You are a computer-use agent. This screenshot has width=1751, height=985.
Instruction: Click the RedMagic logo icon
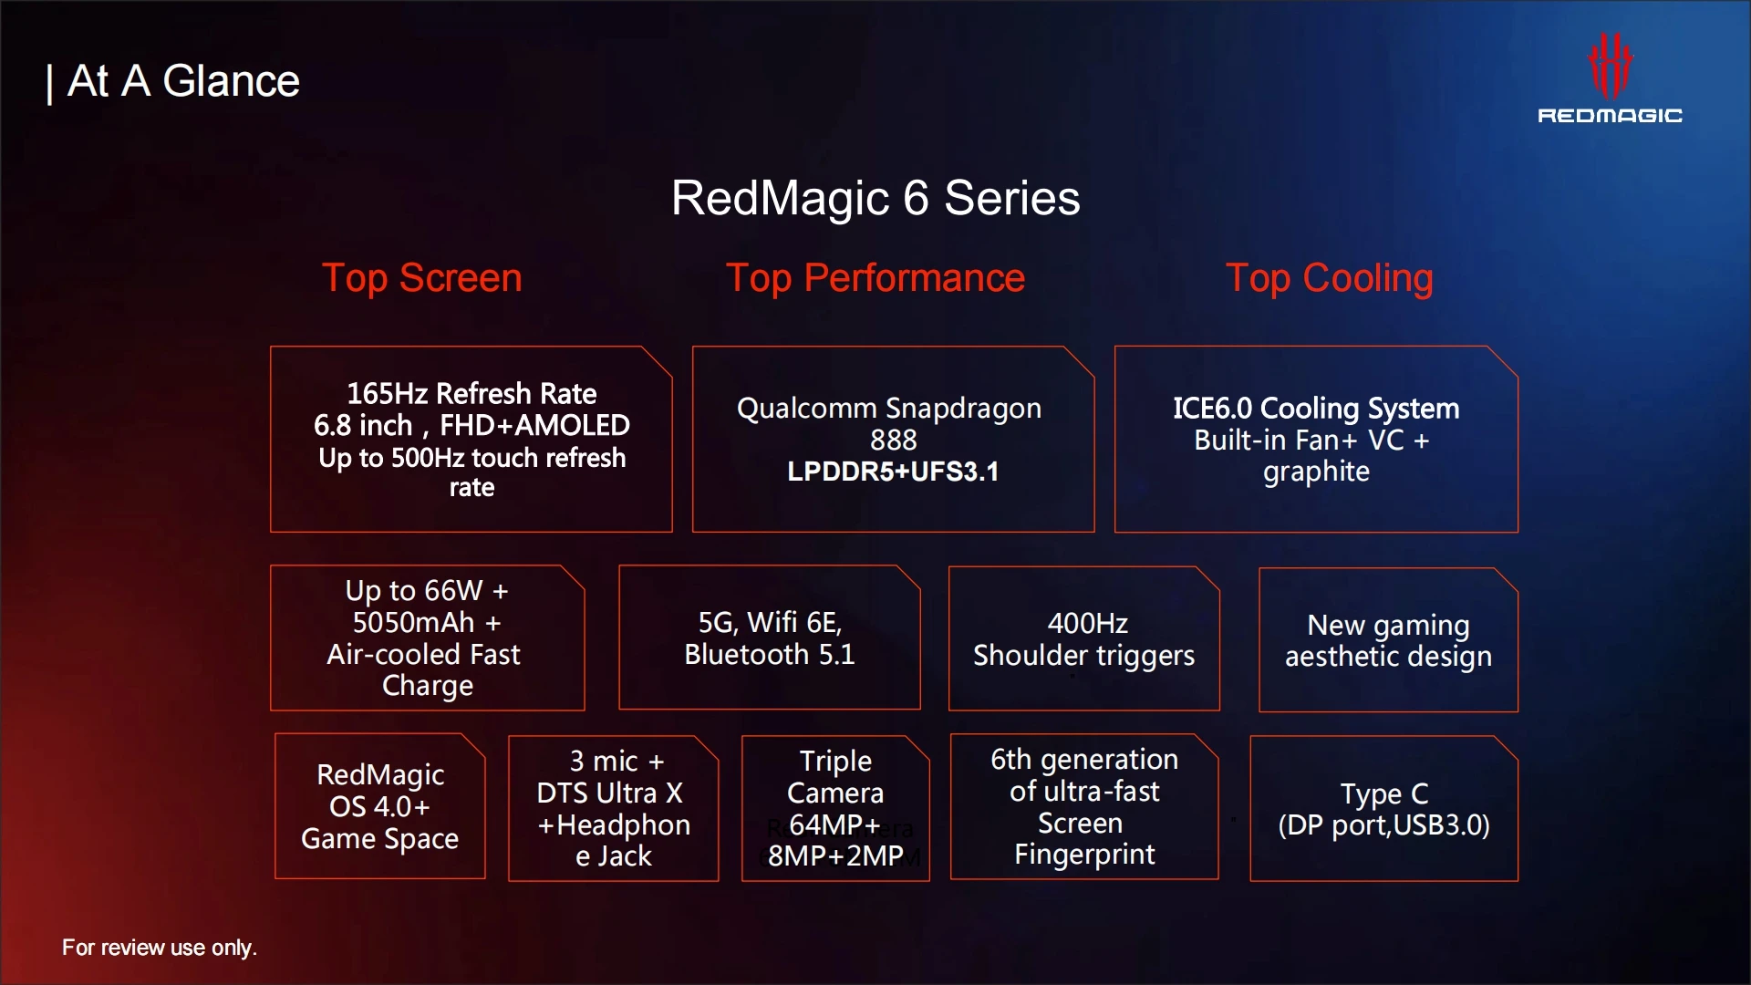pyautogui.click(x=1610, y=65)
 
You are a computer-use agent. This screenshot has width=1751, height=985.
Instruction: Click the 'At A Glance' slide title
pyautogui.click(x=183, y=81)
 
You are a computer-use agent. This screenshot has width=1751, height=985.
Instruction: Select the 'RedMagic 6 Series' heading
pyautogui.click(x=875, y=198)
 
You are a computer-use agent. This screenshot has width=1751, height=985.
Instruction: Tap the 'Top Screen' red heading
pyautogui.click(x=422, y=278)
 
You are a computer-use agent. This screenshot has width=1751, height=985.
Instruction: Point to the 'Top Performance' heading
pyautogui.click(x=875, y=278)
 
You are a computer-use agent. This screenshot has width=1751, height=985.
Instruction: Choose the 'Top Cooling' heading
pyautogui.click(x=1330, y=278)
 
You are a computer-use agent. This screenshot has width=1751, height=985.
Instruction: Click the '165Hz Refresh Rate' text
pyautogui.click(x=471, y=393)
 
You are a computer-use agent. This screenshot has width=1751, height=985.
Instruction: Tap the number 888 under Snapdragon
pyautogui.click(x=894, y=441)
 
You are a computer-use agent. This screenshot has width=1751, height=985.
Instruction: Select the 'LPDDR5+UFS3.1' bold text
pyautogui.click(x=894, y=472)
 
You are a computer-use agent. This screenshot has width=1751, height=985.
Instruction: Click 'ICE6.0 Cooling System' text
pyautogui.click(x=1316, y=409)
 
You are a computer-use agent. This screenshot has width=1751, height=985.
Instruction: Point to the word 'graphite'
pyautogui.click(x=1316, y=472)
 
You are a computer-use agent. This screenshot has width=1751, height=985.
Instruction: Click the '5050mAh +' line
pyautogui.click(x=427, y=623)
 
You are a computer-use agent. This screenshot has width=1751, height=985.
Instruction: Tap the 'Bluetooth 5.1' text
pyautogui.click(x=770, y=655)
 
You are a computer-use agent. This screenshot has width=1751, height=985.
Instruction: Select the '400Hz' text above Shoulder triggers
pyautogui.click(x=1087, y=624)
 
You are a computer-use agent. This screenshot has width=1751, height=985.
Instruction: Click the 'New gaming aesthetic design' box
pyautogui.click(x=1388, y=639)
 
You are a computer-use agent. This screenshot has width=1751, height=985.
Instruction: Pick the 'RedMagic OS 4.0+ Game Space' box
pyautogui.click(x=380, y=806)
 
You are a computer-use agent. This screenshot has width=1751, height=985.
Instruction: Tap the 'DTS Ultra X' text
pyautogui.click(x=609, y=793)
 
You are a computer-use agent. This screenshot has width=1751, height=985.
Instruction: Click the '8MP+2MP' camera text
pyautogui.click(x=835, y=856)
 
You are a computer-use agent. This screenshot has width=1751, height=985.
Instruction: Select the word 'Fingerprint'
pyautogui.click(x=1084, y=855)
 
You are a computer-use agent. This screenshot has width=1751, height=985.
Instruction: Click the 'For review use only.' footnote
pyautogui.click(x=160, y=948)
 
